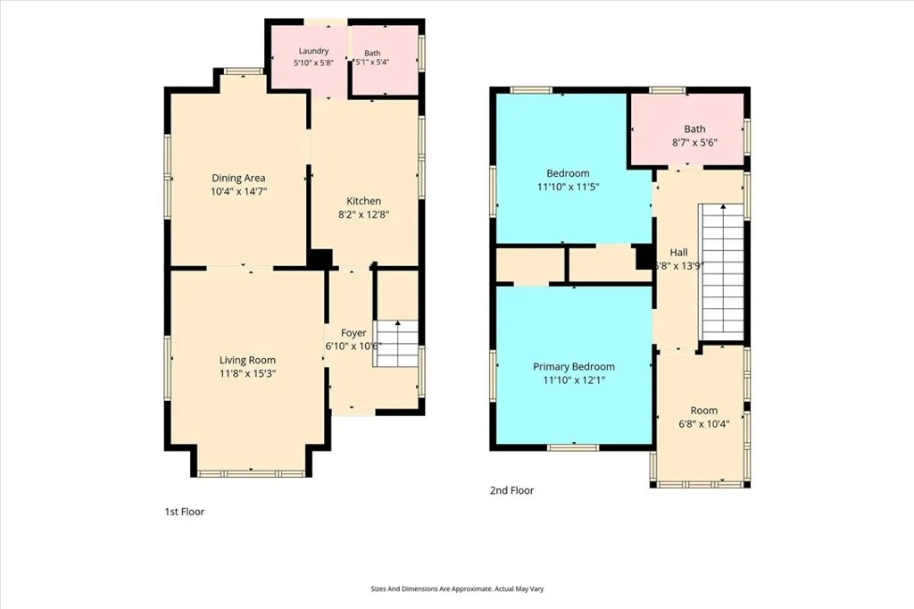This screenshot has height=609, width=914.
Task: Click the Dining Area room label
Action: pos(238,178)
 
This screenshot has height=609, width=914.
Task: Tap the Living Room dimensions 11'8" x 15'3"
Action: pos(247,373)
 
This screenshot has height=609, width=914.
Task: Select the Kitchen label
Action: pos(364,201)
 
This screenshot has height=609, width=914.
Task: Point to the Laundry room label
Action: pos(313,51)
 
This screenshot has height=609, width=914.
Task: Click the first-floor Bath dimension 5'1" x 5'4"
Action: pos(372,62)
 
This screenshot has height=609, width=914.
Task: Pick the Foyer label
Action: pos(353,332)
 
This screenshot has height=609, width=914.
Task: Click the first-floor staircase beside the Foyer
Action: pos(395,343)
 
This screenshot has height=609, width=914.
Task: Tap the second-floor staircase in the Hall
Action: pos(721,271)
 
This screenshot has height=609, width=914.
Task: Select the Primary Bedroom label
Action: pos(574,366)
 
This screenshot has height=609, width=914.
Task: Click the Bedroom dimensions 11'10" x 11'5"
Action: pos(568,187)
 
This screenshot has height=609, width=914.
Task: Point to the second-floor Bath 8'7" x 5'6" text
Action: pos(694,136)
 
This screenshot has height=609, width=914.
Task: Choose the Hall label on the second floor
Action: pos(678,252)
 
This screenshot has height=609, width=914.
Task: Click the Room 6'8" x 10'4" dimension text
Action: pos(703,424)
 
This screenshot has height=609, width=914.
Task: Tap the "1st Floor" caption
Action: pos(184,512)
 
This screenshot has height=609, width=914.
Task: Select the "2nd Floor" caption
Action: pos(511,490)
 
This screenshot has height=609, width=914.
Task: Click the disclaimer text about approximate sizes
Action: pos(457,589)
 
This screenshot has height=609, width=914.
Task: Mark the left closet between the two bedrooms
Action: pos(529,265)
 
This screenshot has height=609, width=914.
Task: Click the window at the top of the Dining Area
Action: pos(244,71)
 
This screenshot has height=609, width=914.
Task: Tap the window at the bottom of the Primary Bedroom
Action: pos(573,447)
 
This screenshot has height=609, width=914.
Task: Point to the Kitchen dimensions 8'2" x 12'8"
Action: pos(364,214)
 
